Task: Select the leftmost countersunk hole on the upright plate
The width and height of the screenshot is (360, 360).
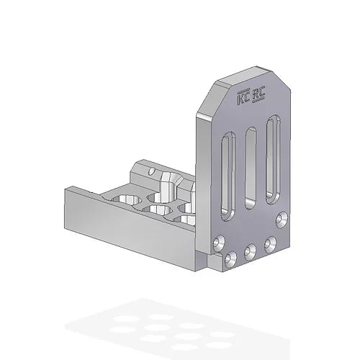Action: click(217, 241)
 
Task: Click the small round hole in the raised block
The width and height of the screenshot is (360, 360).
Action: click(152, 172)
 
